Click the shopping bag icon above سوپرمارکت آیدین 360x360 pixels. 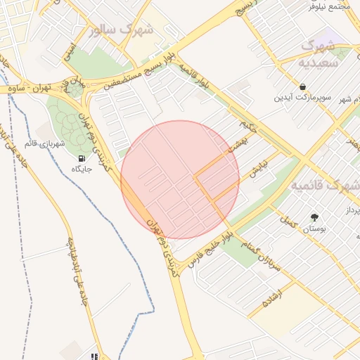click(302, 86)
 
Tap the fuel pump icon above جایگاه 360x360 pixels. click(84, 157)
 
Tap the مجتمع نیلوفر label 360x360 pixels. click(330, 6)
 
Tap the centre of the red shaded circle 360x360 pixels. click(180, 180)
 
